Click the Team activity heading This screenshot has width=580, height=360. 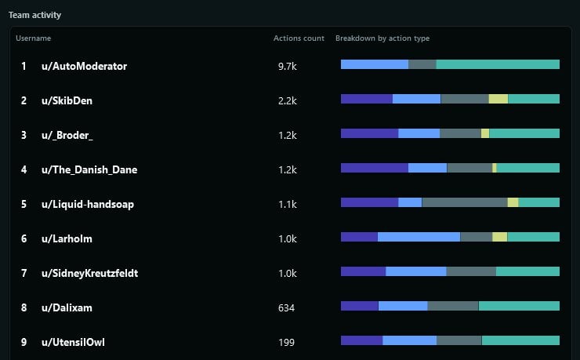(x=34, y=15)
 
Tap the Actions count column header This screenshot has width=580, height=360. (x=299, y=38)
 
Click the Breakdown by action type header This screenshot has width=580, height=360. (x=382, y=38)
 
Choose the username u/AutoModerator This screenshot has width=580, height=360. (x=84, y=67)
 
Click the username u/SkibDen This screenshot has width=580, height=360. (x=67, y=101)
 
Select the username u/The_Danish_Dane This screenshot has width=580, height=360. (x=89, y=170)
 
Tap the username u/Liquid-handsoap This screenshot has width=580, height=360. (x=88, y=205)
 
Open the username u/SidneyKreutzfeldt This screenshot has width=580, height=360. (x=90, y=274)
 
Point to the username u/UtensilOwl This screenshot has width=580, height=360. (x=73, y=343)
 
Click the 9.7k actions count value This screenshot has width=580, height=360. (x=287, y=67)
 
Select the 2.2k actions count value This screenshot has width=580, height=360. (x=287, y=101)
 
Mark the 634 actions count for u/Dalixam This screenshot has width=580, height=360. (x=286, y=308)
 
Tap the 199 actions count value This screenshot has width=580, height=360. (x=286, y=343)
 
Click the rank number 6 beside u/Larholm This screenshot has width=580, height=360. (x=24, y=239)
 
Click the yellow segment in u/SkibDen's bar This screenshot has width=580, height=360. (x=498, y=99)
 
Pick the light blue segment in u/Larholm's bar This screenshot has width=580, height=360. (x=419, y=237)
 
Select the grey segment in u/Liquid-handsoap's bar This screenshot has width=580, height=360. (x=464, y=202)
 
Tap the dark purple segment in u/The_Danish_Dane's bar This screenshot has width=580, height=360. (x=374, y=168)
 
